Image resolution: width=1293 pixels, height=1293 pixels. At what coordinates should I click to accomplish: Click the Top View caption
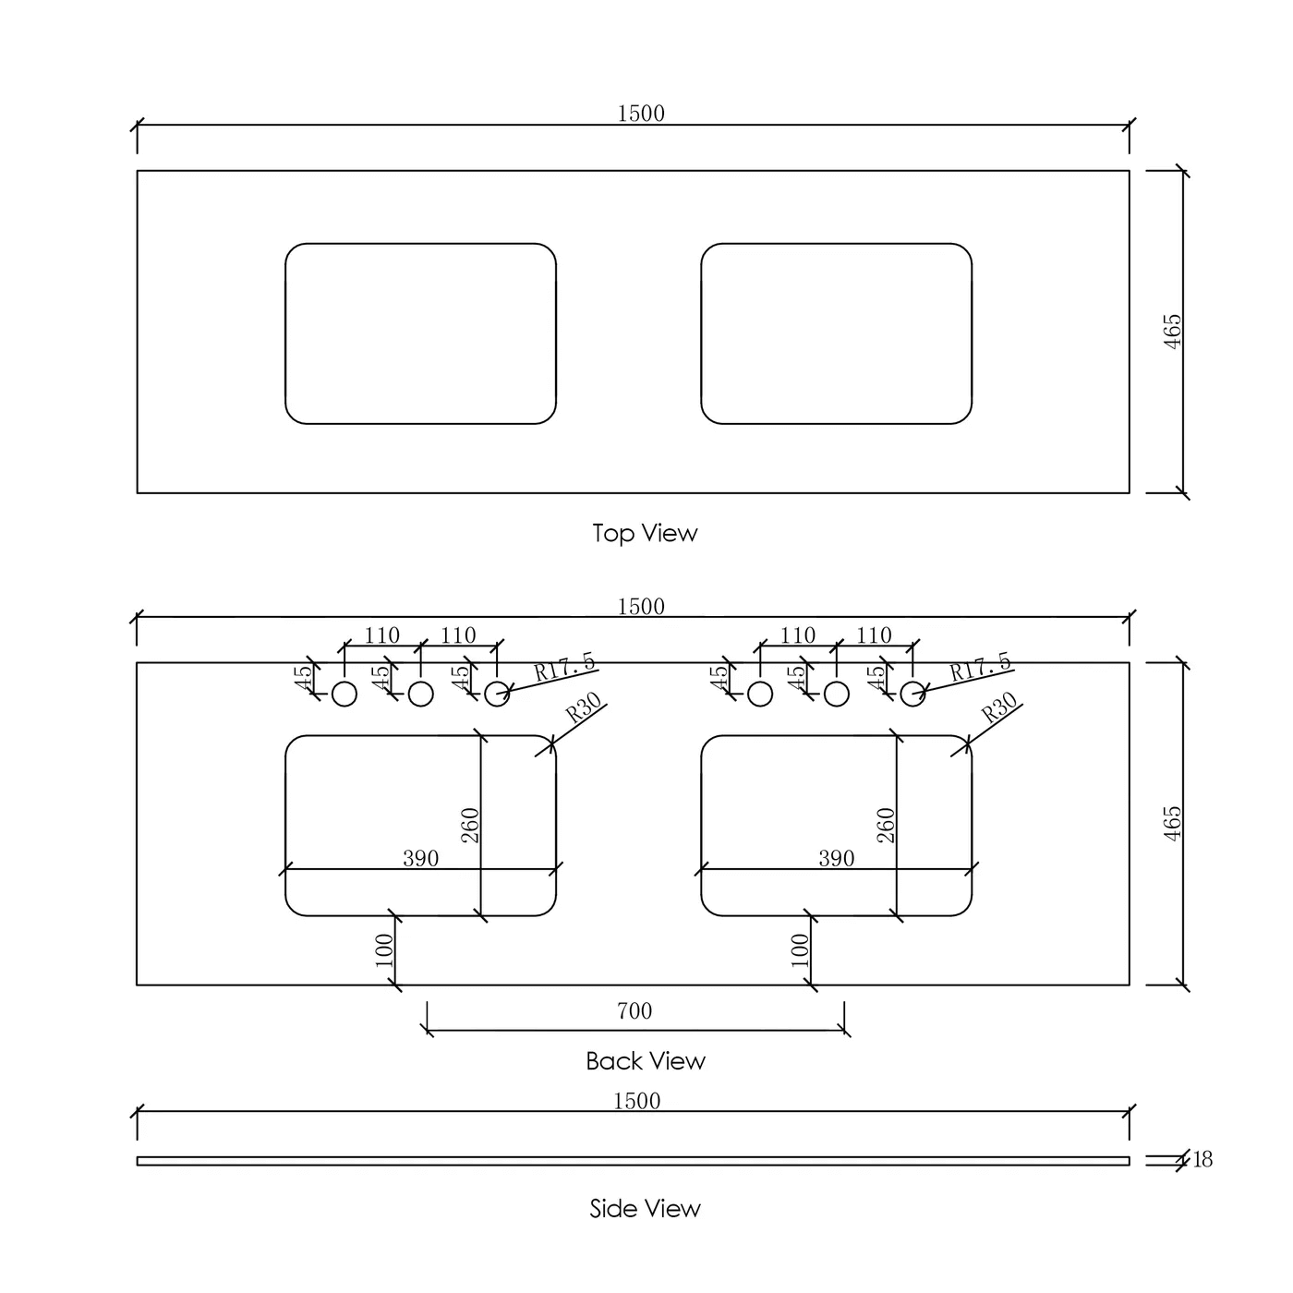(x=645, y=534)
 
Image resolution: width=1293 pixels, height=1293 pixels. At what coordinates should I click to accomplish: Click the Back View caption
(x=646, y=1061)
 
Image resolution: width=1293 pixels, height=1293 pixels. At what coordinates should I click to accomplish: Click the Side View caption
(x=645, y=1208)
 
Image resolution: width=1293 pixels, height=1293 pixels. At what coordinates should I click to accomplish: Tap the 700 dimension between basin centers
(x=634, y=1010)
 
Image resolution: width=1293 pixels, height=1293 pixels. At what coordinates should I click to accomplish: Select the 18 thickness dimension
(x=1202, y=1159)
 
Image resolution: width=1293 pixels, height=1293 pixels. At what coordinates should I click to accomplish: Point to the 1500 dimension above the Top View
(x=641, y=114)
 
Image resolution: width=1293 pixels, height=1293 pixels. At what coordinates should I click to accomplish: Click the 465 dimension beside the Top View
(x=1172, y=332)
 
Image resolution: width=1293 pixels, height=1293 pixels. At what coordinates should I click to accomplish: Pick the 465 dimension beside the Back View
(x=1172, y=823)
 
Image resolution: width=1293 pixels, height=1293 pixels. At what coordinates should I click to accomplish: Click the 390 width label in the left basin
(x=421, y=858)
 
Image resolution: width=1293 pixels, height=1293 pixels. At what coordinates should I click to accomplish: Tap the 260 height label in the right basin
(x=886, y=825)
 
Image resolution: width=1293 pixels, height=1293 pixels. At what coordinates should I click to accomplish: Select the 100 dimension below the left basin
(x=384, y=950)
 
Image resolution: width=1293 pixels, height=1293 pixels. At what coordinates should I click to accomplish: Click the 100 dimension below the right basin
(x=800, y=950)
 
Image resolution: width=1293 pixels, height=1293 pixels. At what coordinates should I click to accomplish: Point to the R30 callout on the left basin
(x=583, y=707)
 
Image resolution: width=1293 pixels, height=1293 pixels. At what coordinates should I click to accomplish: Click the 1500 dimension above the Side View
(x=636, y=1101)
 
